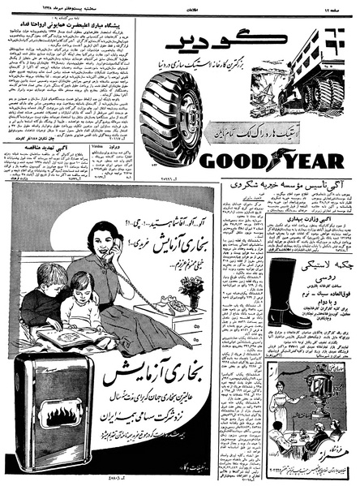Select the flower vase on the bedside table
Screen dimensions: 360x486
click(x=192, y=287)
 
